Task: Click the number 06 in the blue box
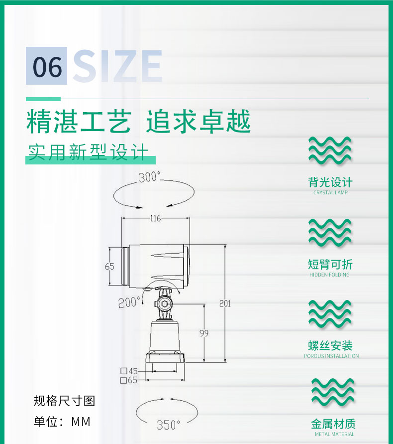coord(47,66)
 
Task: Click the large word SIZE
coord(117,66)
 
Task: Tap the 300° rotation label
coord(149,177)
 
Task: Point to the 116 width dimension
coord(155,218)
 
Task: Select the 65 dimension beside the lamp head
coord(109,267)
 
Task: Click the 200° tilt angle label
coord(129,302)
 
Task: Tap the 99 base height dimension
coord(204,333)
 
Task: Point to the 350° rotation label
coord(168,425)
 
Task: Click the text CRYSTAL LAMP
coord(330,192)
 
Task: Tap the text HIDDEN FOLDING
coord(329,275)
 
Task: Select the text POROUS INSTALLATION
coord(331,356)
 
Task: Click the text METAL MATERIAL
coord(334,434)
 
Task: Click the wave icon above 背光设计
coord(330,150)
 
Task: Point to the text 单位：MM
coord(62,422)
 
